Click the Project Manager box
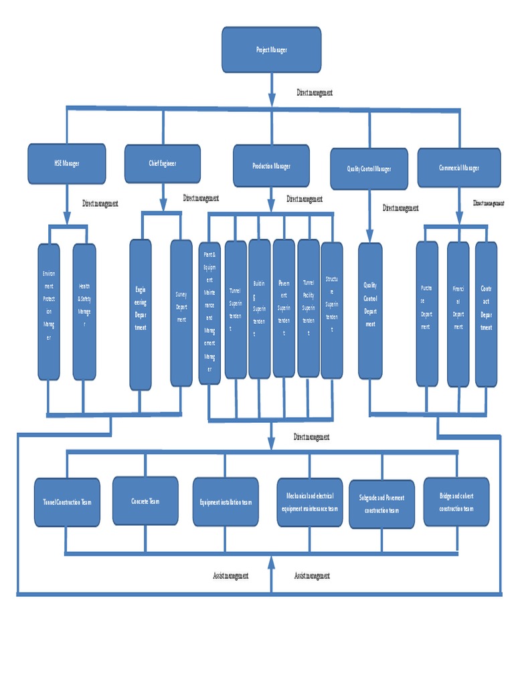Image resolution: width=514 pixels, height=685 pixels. pyautogui.click(x=271, y=50)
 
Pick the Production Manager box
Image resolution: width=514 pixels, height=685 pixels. pyautogui.click(x=271, y=166)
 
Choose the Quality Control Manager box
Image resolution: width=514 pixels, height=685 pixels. pyautogui.click(x=369, y=169)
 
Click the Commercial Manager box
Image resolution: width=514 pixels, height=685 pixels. pyautogui.click(x=458, y=168)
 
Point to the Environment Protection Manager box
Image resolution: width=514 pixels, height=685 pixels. pyautogui.click(x=48, y=311)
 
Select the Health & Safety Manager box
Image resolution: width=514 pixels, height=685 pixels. pyautogui.click(x=84, y=311)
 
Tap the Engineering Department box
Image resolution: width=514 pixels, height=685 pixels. pyautogui.click(x=140, y=314)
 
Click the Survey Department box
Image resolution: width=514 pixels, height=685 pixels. pyautogui.click(x=181, y=312)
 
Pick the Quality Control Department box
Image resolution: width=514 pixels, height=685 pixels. pyautogui.click(x=370, y=310)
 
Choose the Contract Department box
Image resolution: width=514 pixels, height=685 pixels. pyautogui.click(x=486, y=313)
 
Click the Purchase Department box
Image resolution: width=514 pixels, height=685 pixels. pyautogui.click(x=426, y=313)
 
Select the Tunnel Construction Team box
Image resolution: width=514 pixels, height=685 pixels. pyautogui.click(x=66, y=502)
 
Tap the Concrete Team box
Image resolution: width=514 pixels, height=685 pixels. pyautogui.click(x=145, y=500)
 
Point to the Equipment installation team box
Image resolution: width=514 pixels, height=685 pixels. pyautogui.click(x=226, y=502)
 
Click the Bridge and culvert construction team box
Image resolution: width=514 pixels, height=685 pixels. pyautogui.click(x=456, y=502)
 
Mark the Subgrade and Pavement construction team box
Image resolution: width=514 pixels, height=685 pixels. pyautogui.click(x=381, y=504)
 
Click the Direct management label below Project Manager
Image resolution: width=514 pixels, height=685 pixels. pyautogui.click(x=315, y=93)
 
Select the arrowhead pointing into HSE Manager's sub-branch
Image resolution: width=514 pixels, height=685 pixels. pyautogui.click(x=66, y=218)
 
